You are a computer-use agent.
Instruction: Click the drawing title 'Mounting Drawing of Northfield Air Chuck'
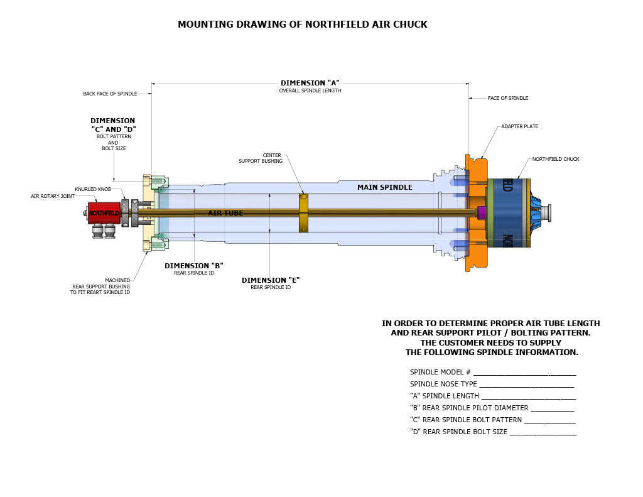point(303,25)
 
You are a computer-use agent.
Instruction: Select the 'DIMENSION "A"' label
point(310,83)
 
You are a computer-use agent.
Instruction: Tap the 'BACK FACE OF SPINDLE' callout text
point(110,94)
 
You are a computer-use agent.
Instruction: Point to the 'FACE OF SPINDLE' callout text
point(507,98)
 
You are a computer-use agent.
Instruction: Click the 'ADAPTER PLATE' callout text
point(519,126)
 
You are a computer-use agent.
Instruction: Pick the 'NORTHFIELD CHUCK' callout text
point(556,159)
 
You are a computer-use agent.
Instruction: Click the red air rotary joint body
point(104,213)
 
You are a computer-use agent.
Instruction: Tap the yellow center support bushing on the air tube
point(303,212)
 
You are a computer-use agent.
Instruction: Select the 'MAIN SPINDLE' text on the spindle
point(385,188)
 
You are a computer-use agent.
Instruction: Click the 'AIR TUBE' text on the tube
point(225,213)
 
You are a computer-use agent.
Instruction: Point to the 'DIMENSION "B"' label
point(194,266)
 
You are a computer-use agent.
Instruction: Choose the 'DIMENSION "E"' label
point(271,280)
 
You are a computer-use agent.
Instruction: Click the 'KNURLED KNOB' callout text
point(93,189)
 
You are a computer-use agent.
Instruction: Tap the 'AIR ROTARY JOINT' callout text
point(53,196)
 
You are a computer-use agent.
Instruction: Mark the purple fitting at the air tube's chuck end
point(482,212)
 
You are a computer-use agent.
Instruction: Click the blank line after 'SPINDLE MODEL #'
point(525,375)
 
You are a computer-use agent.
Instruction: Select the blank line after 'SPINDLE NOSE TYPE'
point(527,387)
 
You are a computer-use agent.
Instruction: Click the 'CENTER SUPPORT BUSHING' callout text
point(261,158)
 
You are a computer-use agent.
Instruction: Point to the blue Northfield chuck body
point(509,213)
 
